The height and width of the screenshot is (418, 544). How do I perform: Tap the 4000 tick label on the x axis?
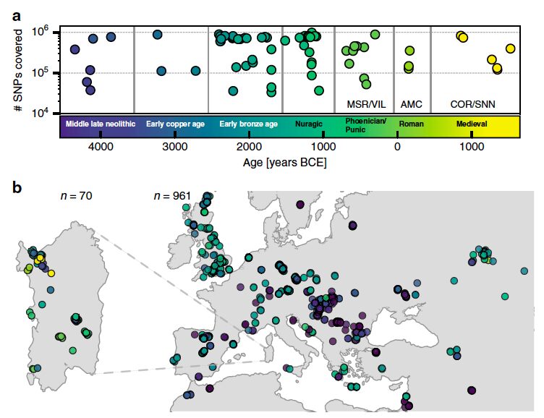pos(101,147)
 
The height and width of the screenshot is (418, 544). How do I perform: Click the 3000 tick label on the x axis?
pos(175,147)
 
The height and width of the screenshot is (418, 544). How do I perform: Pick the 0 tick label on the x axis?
pos(397,147)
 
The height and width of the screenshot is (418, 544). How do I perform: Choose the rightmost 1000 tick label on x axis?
pos(472,147)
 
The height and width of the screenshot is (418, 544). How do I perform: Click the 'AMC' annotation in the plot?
pos(411,104)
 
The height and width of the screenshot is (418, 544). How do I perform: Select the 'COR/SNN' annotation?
pos(472,104)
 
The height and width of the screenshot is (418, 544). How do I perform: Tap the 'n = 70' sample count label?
pos(76,195)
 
